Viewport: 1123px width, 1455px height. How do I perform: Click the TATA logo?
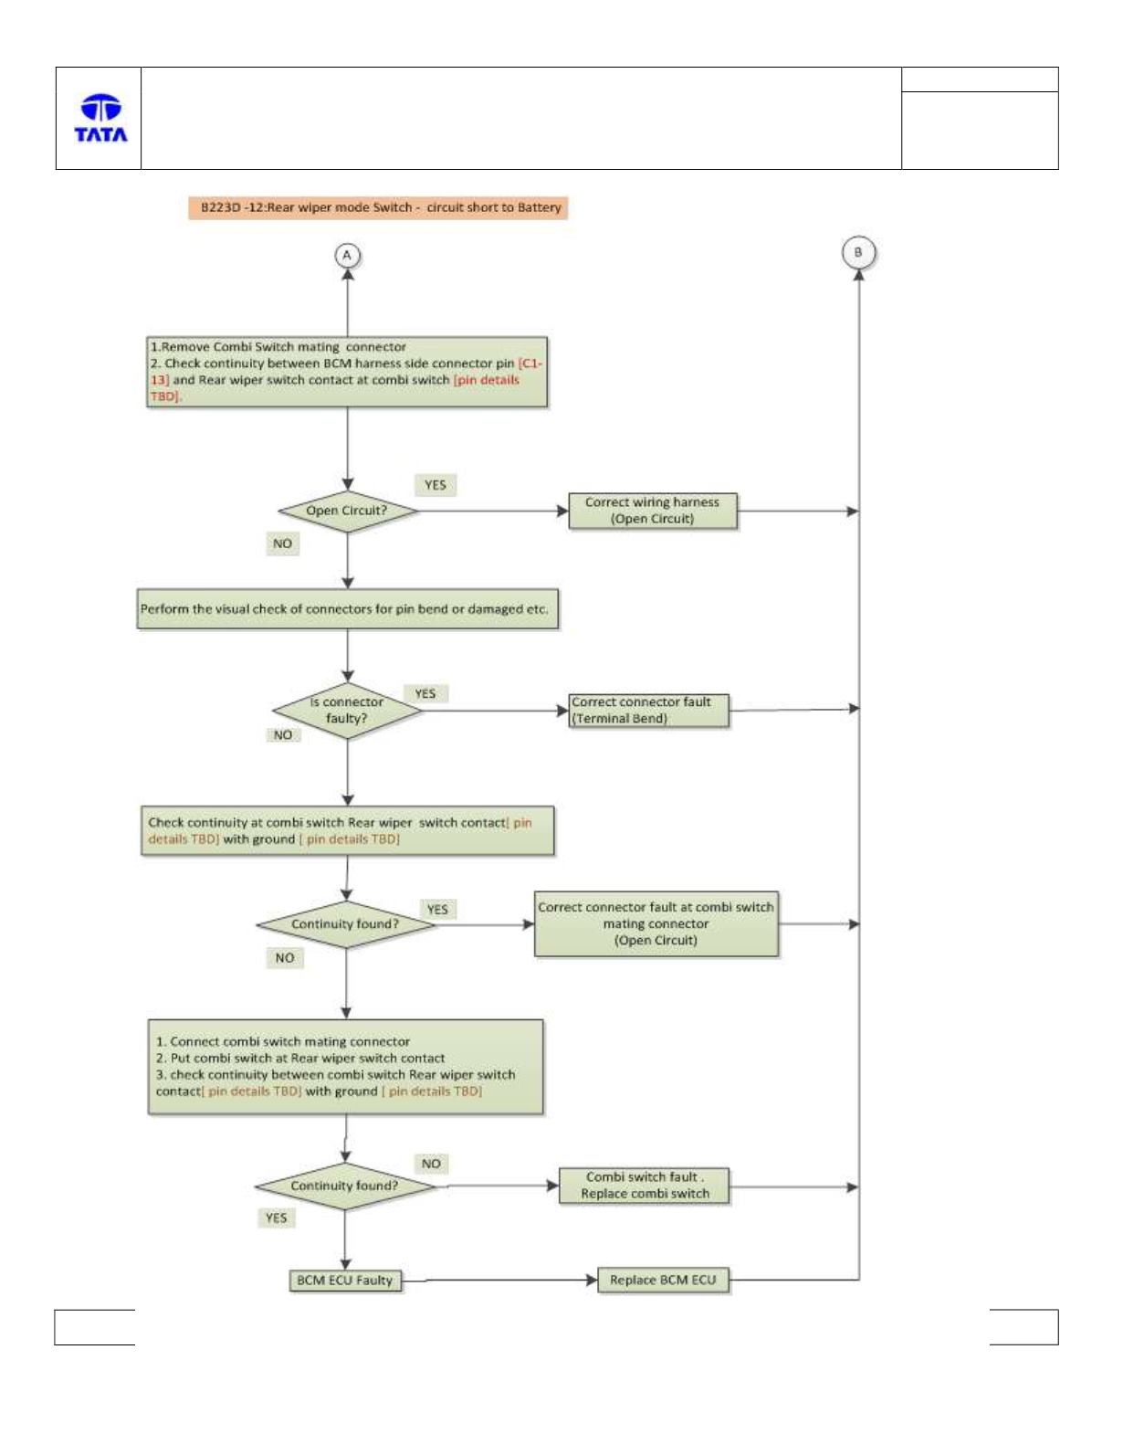pos(100,118)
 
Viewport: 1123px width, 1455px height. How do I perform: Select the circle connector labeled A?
pos(347,255)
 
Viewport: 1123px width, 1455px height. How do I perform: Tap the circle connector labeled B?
pos(858,253)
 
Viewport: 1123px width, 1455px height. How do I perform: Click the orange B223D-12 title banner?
pos(378,207)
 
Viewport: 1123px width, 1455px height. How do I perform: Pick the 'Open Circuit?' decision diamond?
pos(347,511)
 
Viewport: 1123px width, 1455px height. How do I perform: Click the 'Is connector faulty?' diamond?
pos(347,711)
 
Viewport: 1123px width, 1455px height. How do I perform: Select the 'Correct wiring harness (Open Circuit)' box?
pos(653,511)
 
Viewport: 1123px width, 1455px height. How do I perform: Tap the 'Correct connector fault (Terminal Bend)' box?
pos(648,711)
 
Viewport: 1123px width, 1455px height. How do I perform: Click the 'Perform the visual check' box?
pos(347,608)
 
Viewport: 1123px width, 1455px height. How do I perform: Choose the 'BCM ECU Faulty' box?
pos(345,1281)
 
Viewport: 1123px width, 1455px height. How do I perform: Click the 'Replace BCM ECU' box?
pos(663,1281)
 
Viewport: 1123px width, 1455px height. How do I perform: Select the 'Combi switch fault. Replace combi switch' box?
pos(644,1186)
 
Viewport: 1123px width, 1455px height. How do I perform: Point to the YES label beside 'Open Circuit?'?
pos(435,485)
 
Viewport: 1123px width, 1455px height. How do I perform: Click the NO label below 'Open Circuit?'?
pos(282,543)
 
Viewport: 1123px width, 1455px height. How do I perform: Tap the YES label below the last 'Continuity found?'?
pos(276,1218)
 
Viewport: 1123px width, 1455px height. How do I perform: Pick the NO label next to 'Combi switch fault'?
pos(431,1164)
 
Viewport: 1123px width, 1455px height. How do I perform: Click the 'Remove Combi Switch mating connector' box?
pos(347,372)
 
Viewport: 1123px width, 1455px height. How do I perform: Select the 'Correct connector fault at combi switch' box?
pos(656,923)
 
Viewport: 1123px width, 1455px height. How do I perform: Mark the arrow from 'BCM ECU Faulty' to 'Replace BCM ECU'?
pos(499,1281)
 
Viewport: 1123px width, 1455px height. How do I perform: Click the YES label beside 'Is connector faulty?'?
pos(425,693)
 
